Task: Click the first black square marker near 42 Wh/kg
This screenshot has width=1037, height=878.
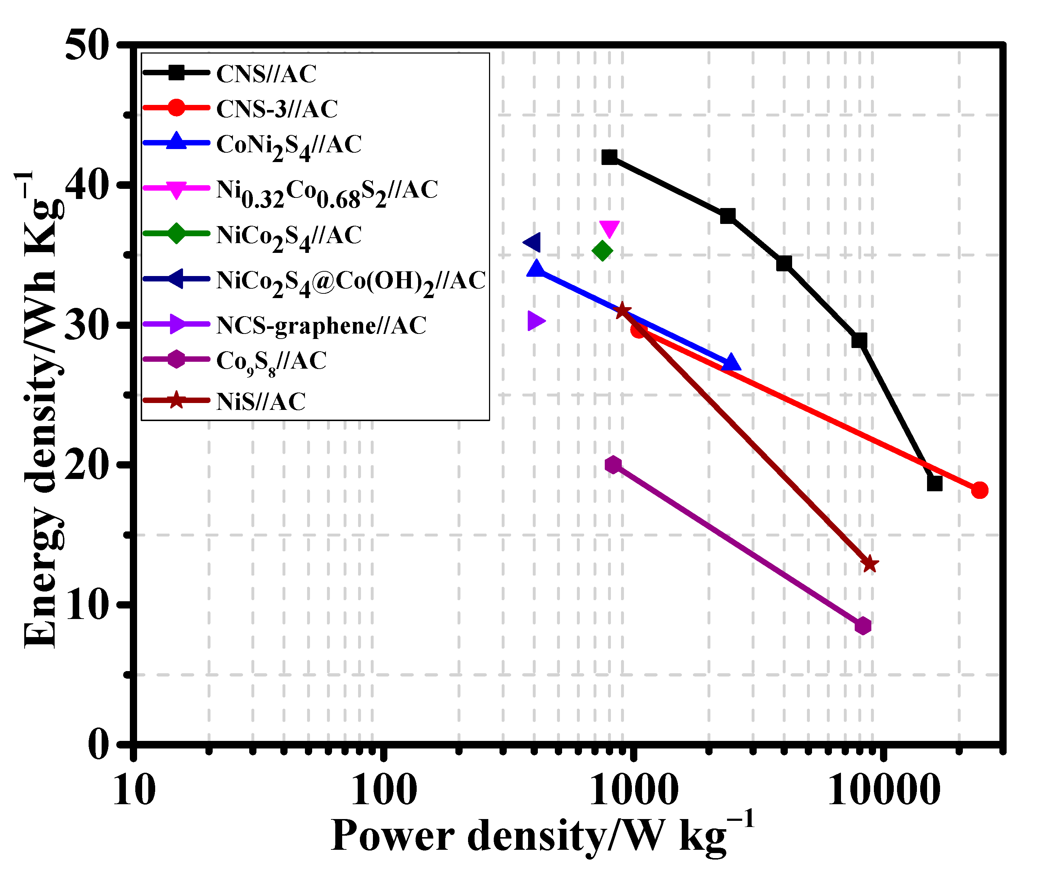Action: click(x=609, y=157)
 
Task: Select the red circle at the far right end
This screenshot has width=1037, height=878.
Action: click(x=979, y=490)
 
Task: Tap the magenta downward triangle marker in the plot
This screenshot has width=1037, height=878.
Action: click(x=609, y=229)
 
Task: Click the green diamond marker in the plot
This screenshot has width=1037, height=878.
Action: click(x=603, y=251)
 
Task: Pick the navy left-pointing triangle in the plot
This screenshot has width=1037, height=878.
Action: click(x=532, y=243)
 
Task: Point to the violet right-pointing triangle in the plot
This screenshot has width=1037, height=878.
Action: click(x=536, y=321)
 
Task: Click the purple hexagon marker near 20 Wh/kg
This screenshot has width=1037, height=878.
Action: click(x=613, y=465)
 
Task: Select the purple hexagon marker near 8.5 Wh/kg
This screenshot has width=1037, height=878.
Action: click(x=863, y=625)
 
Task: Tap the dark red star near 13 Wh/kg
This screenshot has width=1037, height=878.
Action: click(x=869, y=564)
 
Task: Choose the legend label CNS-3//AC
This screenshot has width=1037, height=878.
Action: click(x=277, y=109)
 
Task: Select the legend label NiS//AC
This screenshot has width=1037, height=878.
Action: click(x=261, y=402)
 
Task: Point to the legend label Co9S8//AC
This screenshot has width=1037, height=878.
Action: click(x=271, y=362)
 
